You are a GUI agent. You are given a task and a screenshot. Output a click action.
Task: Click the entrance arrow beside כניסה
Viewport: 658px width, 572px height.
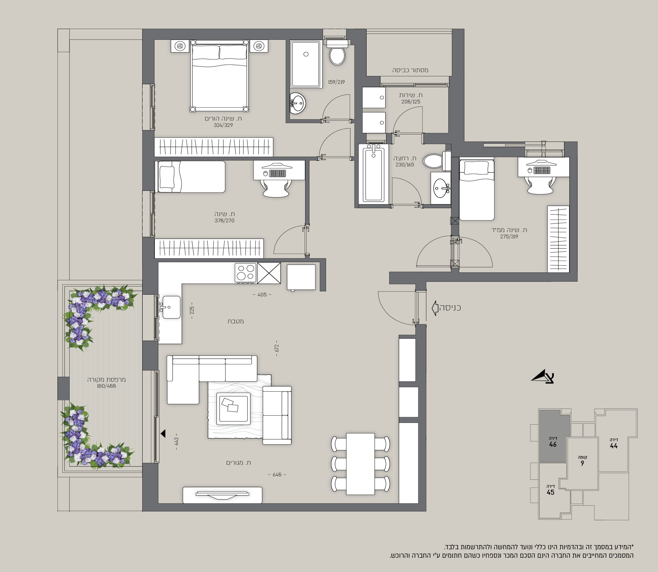[x=435, y=308]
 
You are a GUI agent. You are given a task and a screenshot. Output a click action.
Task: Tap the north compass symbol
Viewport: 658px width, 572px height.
[x=543, y=377]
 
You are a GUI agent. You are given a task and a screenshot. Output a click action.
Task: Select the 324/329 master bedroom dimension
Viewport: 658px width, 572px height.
[x=223, y=125]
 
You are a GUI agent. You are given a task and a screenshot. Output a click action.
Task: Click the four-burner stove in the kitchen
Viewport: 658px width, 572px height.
[x=245, y=273]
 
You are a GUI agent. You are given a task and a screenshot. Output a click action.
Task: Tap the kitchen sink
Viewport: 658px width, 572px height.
[x=171, y=307]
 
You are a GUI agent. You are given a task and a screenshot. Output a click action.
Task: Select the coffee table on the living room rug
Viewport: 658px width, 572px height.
[x=233, y=409]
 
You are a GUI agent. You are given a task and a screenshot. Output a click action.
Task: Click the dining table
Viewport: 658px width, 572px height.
[x=360, y=464]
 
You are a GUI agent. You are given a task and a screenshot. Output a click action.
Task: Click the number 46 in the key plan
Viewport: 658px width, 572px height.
[x=553, y=444]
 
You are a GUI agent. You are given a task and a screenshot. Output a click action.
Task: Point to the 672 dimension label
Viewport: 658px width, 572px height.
[x=277, y=348]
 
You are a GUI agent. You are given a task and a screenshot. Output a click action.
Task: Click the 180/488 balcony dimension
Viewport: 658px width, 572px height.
[x=107, y=386]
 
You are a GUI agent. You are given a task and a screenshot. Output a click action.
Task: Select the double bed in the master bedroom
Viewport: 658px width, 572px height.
[x=219, y=76]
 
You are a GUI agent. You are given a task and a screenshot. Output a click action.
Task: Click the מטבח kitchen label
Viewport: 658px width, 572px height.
[x=236, y=321]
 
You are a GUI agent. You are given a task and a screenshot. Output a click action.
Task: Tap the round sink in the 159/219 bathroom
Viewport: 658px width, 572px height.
[x=298, y=103]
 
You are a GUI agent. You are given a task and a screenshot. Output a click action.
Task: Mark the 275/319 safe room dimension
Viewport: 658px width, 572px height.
[x=509, y=236]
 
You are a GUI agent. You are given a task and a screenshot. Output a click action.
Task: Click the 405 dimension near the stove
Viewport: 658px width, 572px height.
[x=262, y=295]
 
